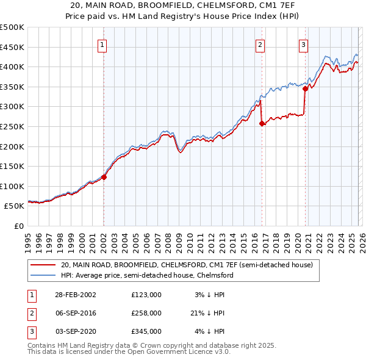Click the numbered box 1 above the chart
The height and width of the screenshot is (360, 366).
click(102, 44)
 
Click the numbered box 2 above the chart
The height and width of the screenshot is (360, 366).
click(260, 44)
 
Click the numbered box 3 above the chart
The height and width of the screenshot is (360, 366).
click(303, 44)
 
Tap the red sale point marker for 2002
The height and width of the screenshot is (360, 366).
click(104, 177)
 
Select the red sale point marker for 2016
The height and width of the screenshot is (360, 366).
click(262, 123)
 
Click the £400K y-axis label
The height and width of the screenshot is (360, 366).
click(13, 67)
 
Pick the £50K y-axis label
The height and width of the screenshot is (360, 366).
click(15, 206)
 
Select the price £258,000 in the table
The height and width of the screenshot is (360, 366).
click(146, 313)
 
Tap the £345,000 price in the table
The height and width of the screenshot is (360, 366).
click(146, 331)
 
